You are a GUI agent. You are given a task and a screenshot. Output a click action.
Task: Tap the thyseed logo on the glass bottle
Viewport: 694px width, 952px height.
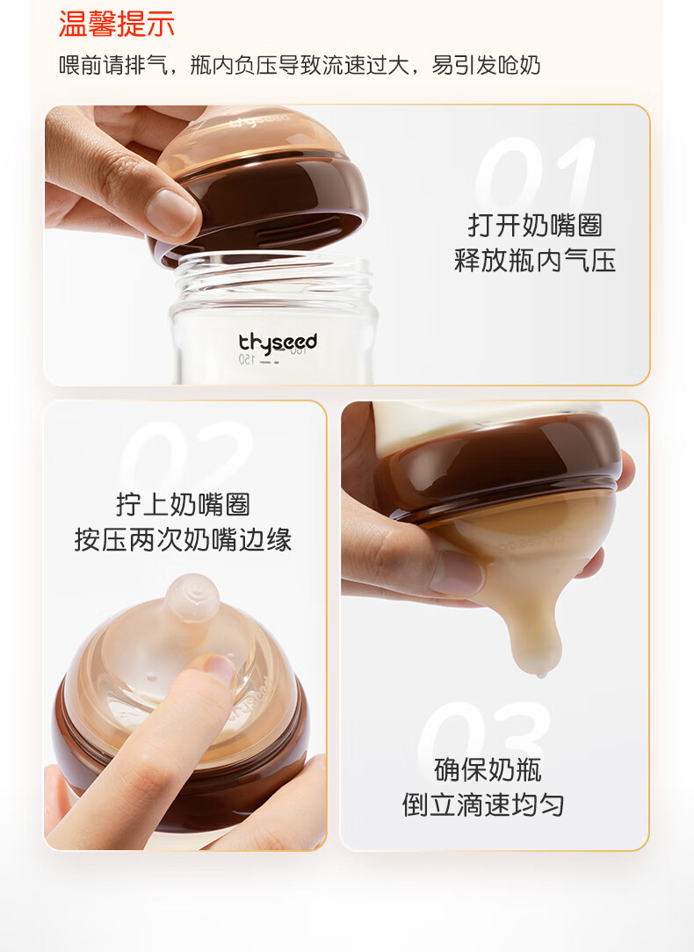click(x=278, y=343)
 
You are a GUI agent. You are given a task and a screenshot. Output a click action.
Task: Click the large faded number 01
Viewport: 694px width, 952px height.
click(x=535, y=174)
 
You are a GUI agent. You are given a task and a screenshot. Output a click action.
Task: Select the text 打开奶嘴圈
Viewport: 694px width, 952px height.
click(x=535, y=225)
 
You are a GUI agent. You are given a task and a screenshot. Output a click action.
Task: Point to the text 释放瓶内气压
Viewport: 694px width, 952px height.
click(x=535, y=261)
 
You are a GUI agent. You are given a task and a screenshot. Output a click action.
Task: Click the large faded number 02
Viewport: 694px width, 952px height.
click(x=185, y=456)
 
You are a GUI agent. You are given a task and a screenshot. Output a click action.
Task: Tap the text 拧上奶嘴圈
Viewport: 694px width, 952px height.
click(x=184, y=504)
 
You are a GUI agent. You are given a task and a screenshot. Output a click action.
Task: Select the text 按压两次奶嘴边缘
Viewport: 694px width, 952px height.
click(x=184, y=539)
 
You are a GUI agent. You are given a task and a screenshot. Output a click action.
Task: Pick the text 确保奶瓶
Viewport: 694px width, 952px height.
click(x=488, y=770)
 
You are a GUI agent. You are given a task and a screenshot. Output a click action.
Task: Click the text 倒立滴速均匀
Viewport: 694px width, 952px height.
click(x=483, y=805)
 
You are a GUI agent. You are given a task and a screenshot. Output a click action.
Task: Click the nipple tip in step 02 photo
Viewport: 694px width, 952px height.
click(x=192, y=598)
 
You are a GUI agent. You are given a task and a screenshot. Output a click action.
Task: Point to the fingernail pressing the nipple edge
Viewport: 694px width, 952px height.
click(x=220, y=668)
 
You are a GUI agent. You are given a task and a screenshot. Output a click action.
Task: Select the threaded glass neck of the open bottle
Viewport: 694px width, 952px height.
click(x=273, y=278)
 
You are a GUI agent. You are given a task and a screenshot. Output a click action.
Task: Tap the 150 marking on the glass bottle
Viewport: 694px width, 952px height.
click(x=247, y=359)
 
